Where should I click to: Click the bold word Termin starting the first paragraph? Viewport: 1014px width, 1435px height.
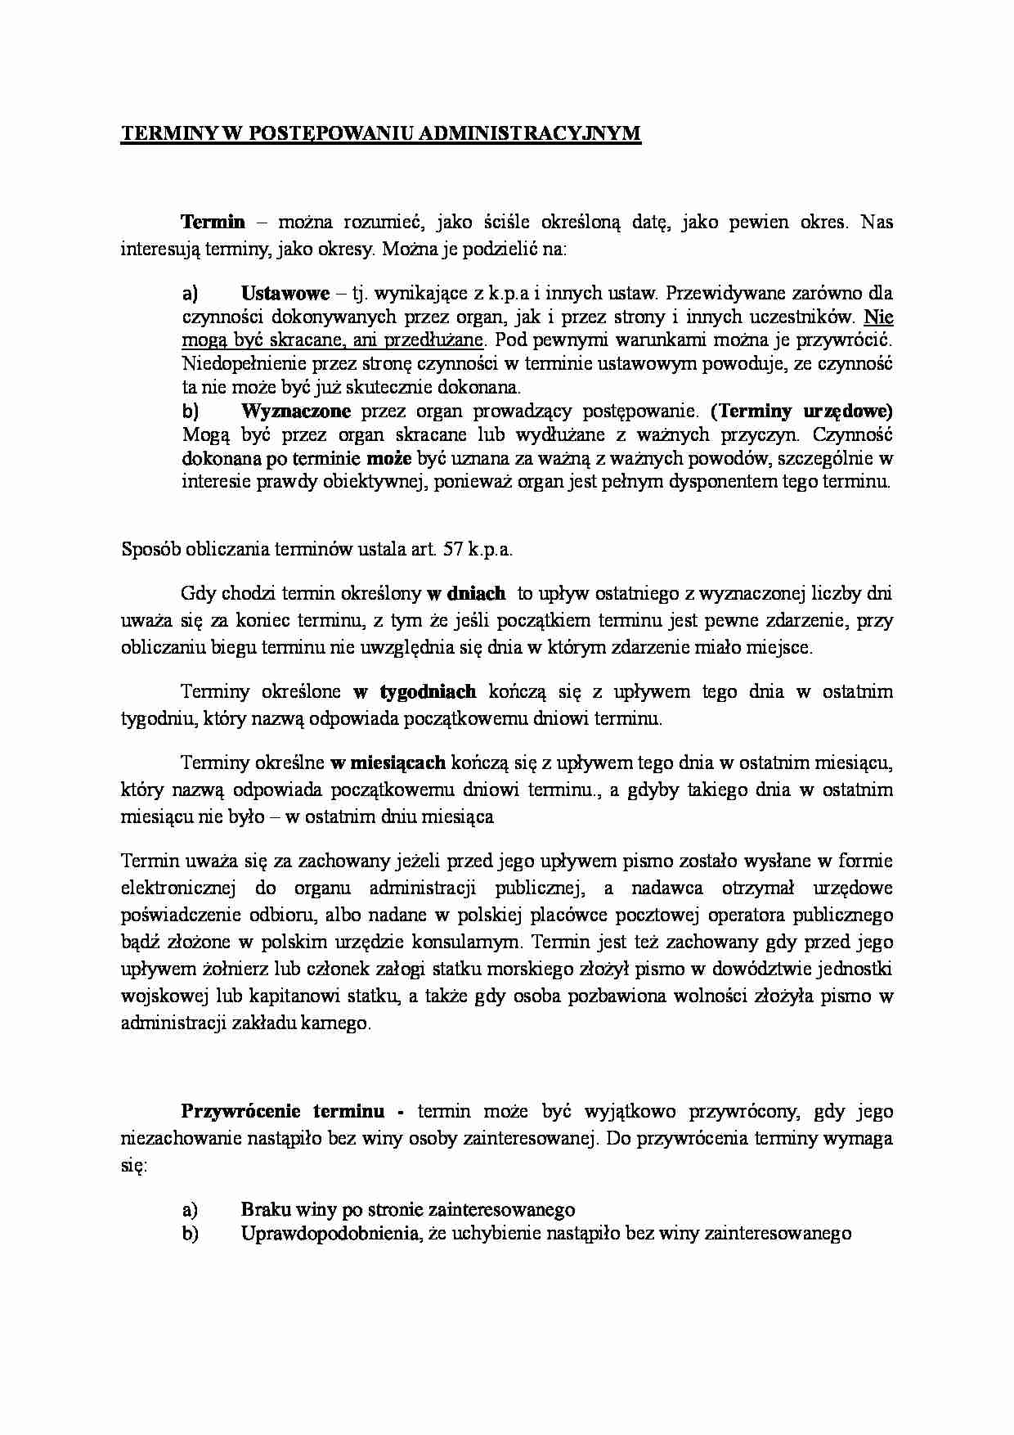click(213, 221)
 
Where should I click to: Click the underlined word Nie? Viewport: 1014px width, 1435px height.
click(878, 316)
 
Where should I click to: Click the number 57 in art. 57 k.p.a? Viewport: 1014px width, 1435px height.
click(453, 549)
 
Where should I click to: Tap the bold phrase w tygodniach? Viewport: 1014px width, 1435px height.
click(415, 691)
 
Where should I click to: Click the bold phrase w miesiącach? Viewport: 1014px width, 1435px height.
click(388, 762)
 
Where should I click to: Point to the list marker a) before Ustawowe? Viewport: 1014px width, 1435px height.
click(190, 292)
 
